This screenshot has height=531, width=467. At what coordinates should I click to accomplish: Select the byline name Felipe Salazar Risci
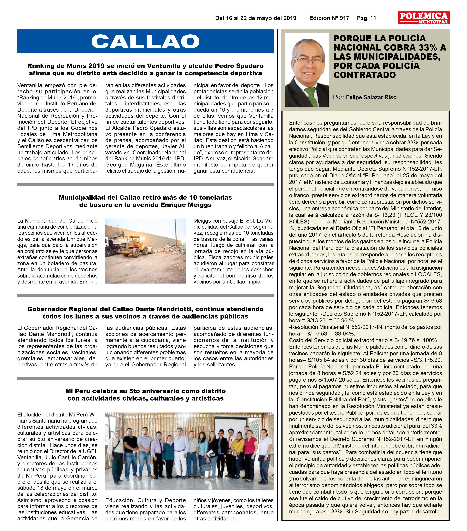(x=372, y=97)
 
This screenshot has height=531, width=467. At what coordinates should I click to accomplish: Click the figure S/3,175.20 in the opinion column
(x=427, y=360)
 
